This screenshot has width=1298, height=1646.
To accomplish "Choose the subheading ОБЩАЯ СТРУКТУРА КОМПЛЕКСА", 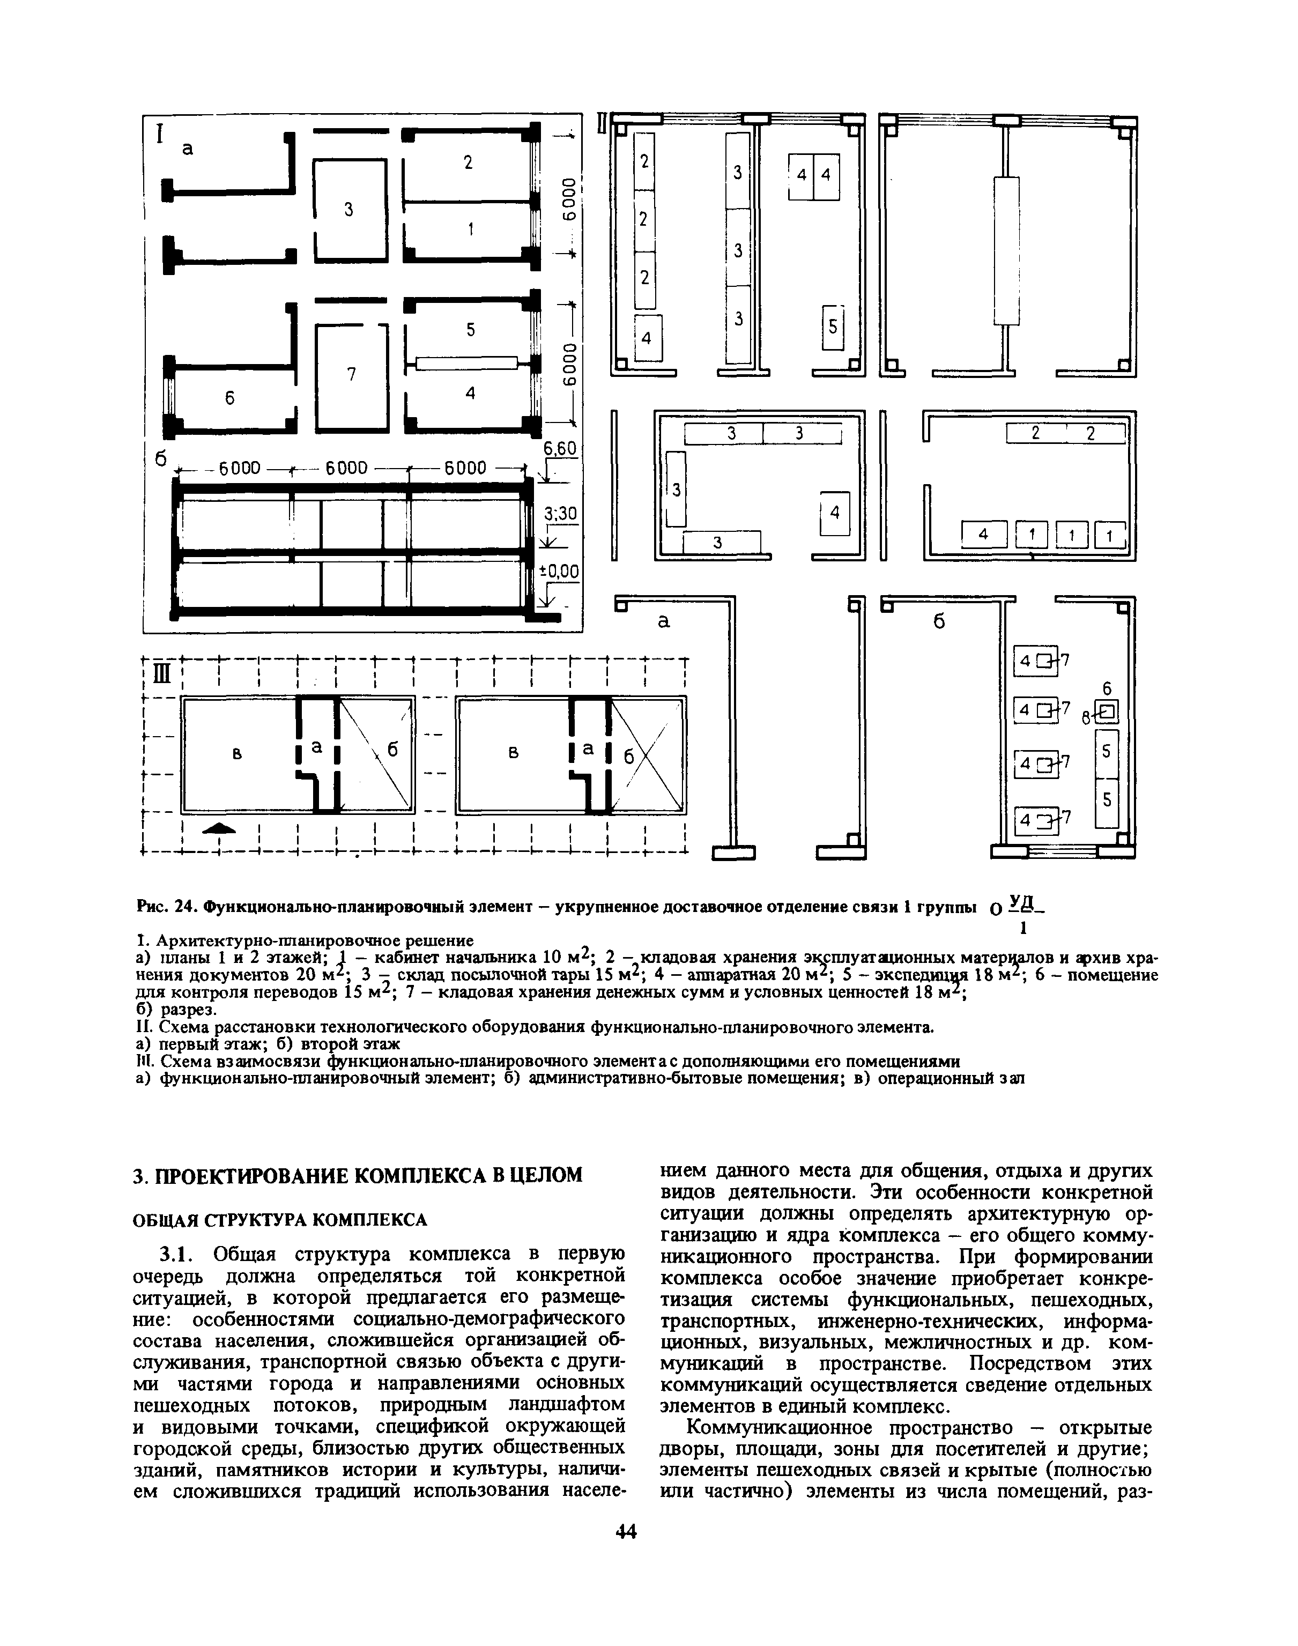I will tap(280, 1220).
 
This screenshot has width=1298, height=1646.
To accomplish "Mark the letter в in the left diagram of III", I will tap(237, 754).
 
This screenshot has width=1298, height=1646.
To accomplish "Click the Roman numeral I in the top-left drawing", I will tap(160, 135).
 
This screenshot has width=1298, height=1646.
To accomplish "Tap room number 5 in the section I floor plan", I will tap(470, 330).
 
